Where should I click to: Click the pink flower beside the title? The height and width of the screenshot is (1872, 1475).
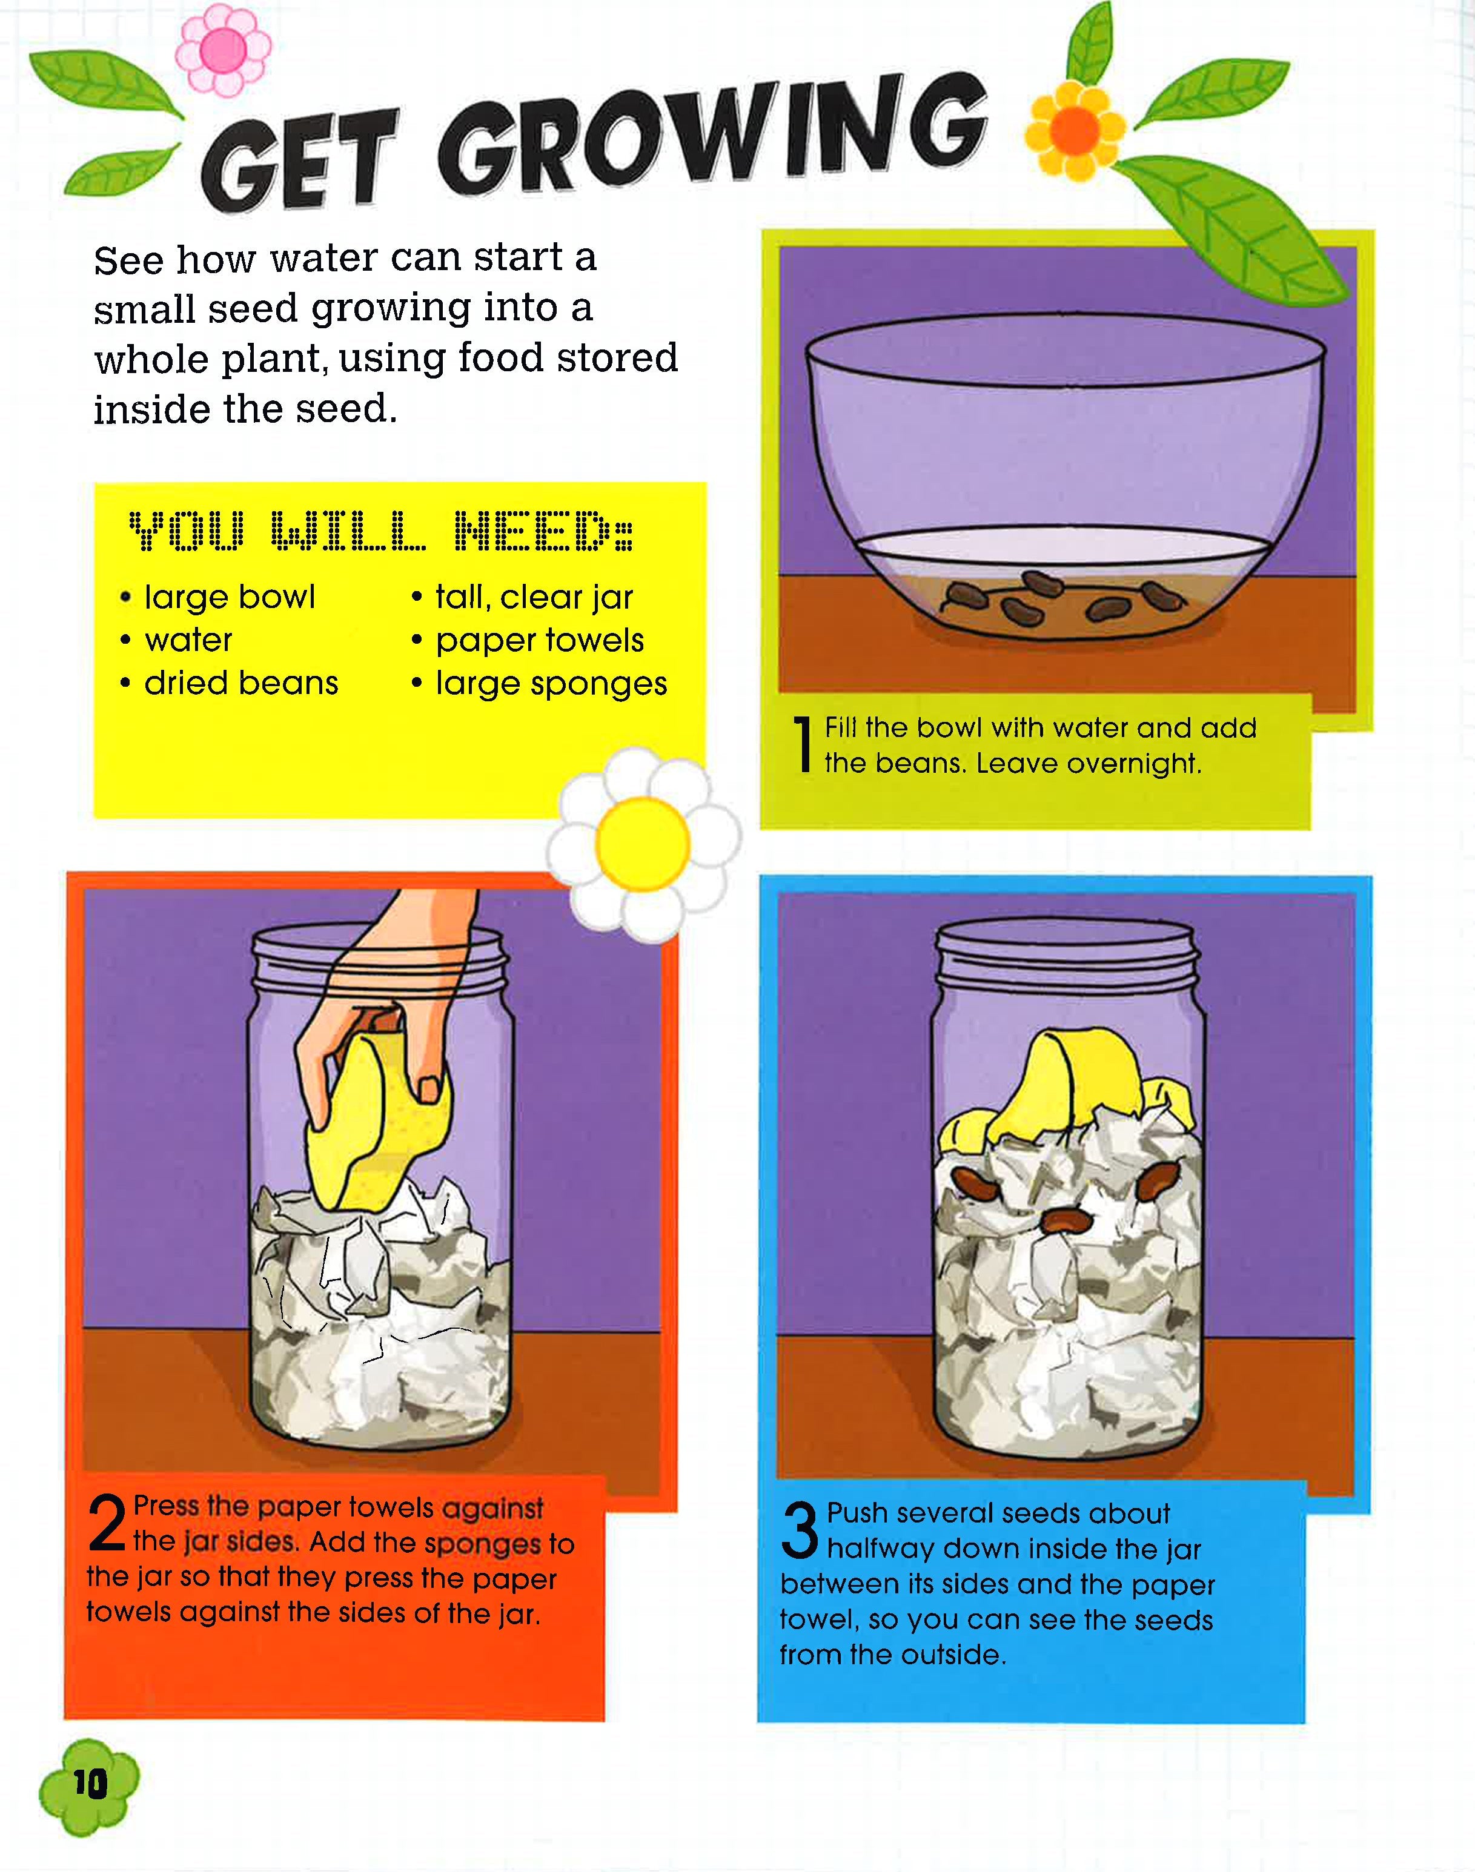tap(224, 50)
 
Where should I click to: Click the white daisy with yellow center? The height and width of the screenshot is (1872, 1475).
tap(643, 844)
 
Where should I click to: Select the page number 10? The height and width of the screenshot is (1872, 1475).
tap(90, 1783)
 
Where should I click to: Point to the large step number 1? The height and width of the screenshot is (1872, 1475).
tap(803, 744)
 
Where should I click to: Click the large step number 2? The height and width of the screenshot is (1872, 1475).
tap(107, 1524)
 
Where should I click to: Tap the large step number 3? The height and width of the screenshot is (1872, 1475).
tap(799, 1529)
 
